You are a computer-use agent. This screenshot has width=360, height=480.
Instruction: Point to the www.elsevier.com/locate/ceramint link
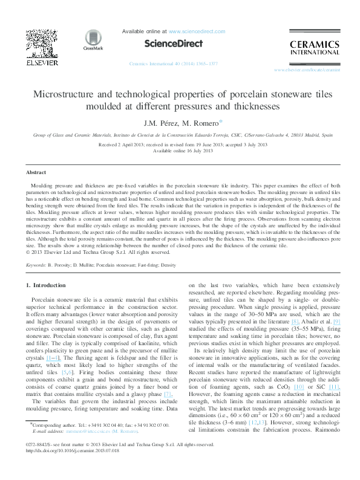click(x=312, y=70)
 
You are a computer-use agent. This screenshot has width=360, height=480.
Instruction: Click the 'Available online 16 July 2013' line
click(x=180, y=152)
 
